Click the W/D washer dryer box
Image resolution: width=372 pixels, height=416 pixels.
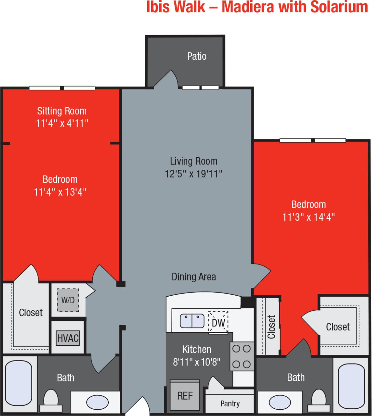tap(68, 300)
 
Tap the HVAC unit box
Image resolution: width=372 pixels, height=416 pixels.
tap(68, 338)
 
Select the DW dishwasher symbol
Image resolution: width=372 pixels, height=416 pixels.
tap(218, 322)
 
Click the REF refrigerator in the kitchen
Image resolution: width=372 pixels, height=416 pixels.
tap(185, 396)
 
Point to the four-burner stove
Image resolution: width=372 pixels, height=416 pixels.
tap(242, 356)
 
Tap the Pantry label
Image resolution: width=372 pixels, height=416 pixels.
tap(230, 404)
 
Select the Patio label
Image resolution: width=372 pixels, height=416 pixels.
tap(197, 56)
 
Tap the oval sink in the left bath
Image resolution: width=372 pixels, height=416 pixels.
tap(97, 402)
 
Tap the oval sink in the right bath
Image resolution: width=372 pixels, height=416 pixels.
tap(280, 402)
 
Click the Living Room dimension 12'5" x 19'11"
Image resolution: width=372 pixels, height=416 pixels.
tap(194, 174)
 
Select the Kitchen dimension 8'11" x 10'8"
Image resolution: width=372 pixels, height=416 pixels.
tap(196, 362)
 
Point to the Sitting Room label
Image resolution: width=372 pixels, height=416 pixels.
tap(62, 111)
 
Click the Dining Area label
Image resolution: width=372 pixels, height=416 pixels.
tap(194, 277)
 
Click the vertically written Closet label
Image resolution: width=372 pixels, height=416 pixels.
tap(271, 327)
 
